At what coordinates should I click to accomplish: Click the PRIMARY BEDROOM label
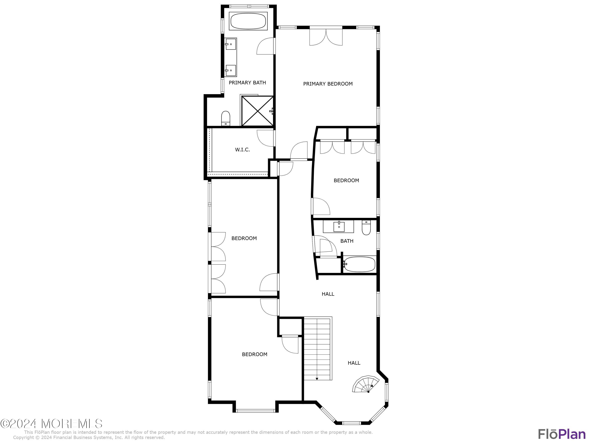click(328, 84)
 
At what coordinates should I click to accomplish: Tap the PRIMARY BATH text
click(247, 83)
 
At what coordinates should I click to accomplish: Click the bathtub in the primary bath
click(248, 21)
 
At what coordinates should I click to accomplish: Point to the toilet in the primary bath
click(226, 118)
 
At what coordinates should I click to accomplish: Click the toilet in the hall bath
click(366, 228)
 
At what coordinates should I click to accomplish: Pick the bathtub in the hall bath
click(359, 264)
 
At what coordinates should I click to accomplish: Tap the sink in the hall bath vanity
click(339, 226)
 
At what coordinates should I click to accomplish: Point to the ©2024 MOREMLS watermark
click(51, 424)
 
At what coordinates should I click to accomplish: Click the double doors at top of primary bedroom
click(326, 37)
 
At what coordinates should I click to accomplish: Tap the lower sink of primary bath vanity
click(230, 70)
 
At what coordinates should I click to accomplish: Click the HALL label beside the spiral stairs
click(354, 363)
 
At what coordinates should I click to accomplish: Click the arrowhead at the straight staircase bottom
click(317, 379)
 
